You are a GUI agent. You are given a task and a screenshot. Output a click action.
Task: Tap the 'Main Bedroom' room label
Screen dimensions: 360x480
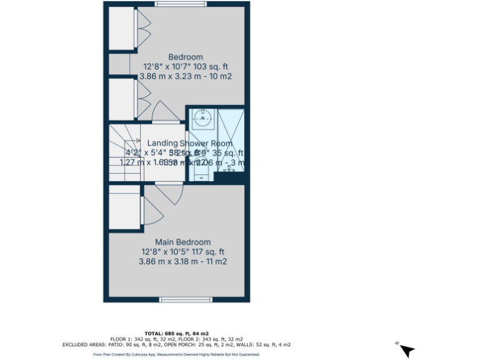coord(182,242)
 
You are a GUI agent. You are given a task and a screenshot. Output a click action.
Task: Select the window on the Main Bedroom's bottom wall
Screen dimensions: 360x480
coord(186,300)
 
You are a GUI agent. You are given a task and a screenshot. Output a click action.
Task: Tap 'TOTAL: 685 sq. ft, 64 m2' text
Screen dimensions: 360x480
coord(177,333)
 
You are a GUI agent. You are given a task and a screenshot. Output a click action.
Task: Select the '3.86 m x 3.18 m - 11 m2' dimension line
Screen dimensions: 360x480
coord(182,261)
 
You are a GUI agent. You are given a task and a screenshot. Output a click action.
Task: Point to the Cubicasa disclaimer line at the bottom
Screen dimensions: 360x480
coord(177,354)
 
